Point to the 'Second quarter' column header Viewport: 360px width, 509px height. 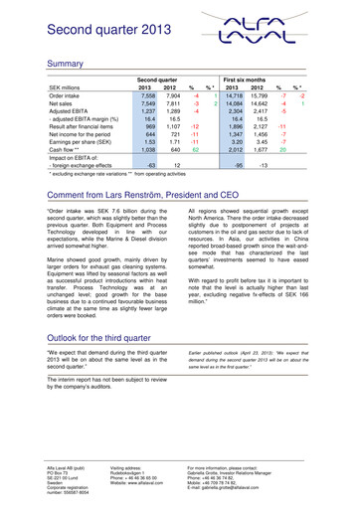click(x=162, y=79)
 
